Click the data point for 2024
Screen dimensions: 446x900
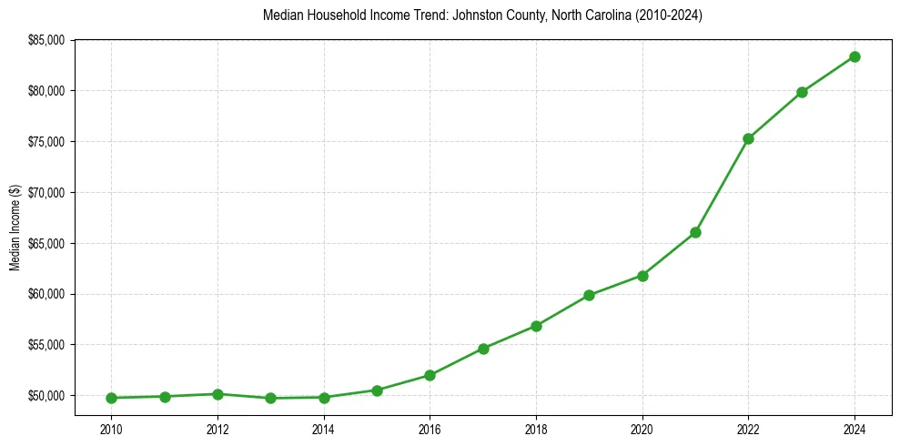point(854,56)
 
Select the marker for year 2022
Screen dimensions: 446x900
point(748,138)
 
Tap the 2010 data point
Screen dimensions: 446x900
point(111,398)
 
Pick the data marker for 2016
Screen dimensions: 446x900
point(430,375)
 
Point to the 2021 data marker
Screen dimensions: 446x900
point(695,232)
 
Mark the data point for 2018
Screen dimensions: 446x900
point(536,326)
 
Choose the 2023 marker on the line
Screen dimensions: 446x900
point(802,92)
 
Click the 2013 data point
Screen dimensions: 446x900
point(270,398)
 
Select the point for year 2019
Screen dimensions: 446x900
point(589,295)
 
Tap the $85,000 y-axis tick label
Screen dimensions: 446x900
point(48,40)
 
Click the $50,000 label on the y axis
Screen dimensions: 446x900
point(48,396)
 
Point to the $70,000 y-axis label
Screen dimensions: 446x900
point(48,193)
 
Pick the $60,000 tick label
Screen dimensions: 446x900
point(48,294)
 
